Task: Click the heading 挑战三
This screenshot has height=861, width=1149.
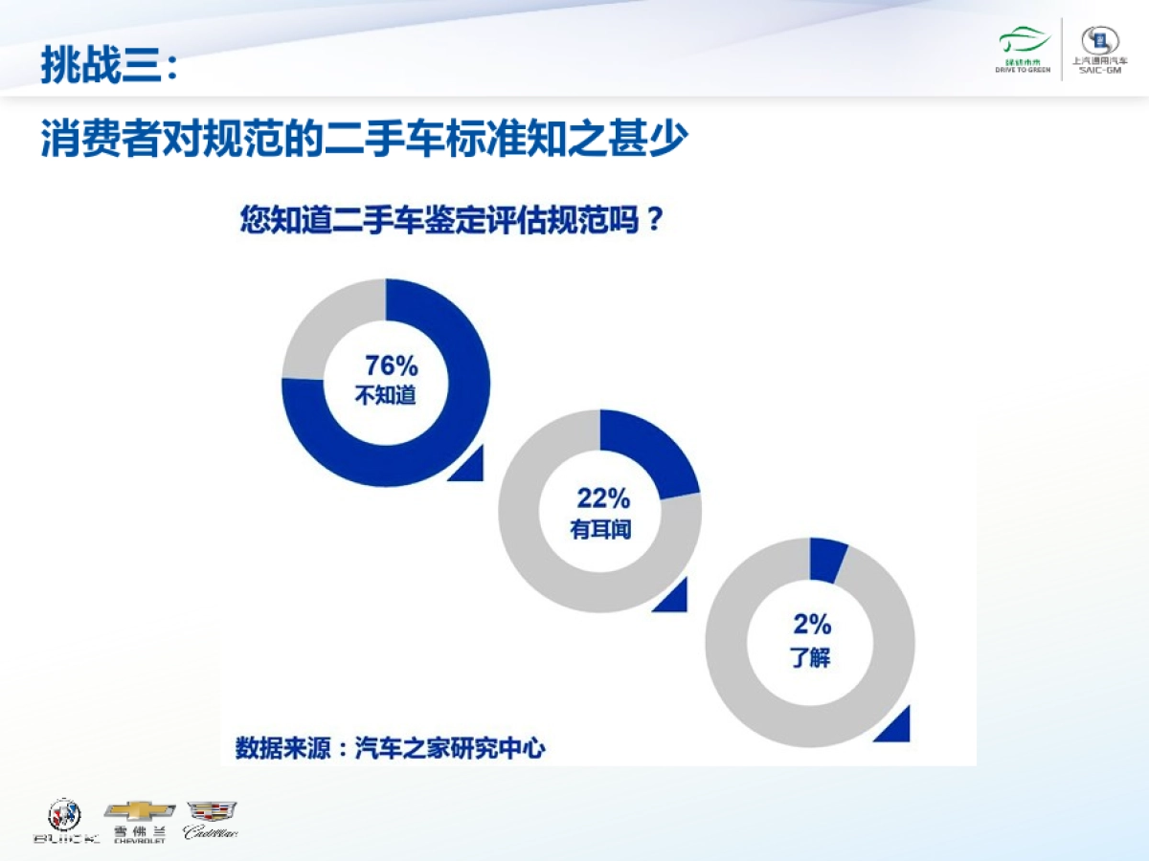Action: tap(108, 65)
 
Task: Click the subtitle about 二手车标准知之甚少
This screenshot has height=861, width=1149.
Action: tap(364, 140)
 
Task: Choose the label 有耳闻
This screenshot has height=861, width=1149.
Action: tap(600, 528)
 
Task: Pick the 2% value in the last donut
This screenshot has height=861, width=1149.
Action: tap(811, 626)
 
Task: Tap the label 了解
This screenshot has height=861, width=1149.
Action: tap(810, 657)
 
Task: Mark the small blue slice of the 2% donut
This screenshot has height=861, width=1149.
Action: tap(827, 561)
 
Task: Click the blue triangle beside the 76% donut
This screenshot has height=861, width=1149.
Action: tap(470, 466)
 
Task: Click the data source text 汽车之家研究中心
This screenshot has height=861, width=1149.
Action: tap(450, 747)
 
